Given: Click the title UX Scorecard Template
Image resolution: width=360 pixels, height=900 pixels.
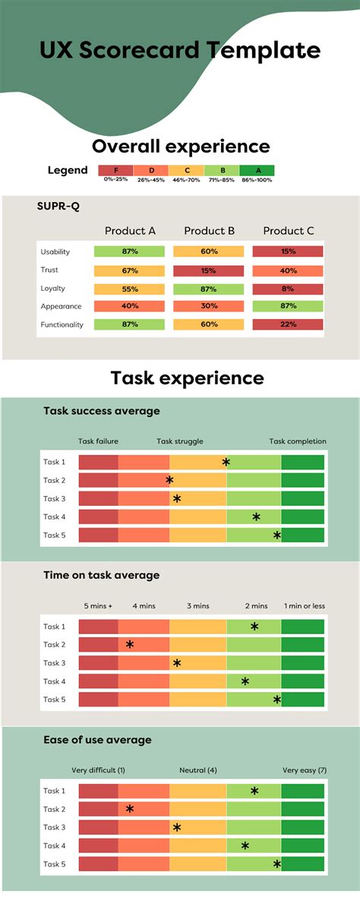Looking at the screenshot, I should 180,50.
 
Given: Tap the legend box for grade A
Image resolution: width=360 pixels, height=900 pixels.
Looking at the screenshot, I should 257,171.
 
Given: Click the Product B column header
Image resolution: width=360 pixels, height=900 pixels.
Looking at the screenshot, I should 209,231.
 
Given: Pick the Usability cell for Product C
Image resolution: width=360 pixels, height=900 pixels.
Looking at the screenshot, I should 288,251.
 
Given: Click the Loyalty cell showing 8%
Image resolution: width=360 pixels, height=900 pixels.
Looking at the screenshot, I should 288,289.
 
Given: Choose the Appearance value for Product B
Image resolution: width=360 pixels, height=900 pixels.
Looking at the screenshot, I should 209,307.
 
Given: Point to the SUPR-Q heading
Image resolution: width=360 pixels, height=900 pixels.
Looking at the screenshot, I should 58,207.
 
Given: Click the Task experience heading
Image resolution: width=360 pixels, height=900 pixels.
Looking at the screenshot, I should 187,377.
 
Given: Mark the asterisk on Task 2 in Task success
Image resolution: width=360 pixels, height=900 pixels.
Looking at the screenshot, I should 169,480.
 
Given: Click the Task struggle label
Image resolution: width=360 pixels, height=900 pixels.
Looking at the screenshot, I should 180,441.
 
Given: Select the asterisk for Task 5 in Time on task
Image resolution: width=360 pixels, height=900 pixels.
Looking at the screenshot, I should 277,699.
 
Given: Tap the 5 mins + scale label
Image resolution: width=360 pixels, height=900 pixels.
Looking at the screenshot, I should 98,606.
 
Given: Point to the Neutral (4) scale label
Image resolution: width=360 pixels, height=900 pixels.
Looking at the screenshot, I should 198,770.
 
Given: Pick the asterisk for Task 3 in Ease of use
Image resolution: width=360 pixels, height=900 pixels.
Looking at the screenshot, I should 177,828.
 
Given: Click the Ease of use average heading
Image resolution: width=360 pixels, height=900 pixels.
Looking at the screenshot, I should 97,740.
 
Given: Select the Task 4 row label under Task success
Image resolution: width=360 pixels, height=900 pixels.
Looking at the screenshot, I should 55,516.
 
